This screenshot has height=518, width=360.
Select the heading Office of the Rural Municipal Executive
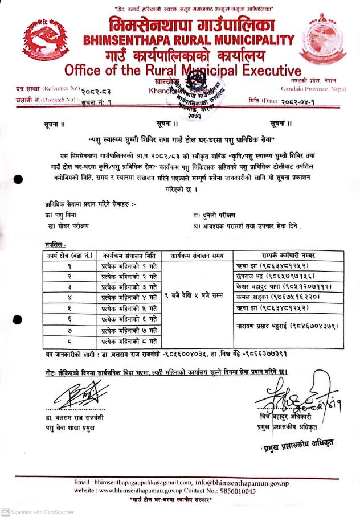point(182,71)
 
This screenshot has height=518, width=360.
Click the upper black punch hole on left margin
point(19,179)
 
